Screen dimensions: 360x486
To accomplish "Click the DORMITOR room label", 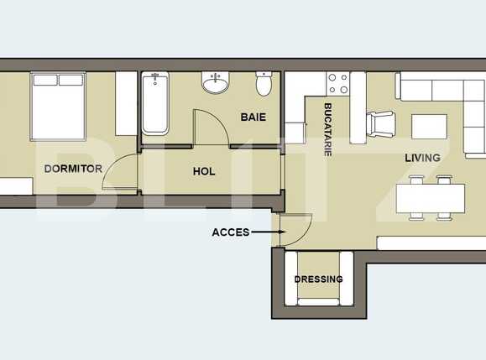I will [x=73, y=169].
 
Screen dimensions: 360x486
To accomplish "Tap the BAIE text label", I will [x=253, y=117].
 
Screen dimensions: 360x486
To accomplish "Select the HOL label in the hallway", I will [x=204, y=171].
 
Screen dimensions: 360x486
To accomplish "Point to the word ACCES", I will [x=230, y=232].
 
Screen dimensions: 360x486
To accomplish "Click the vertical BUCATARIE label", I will [x=328, y=129].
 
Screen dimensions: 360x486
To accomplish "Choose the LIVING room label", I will [x=422, y=158].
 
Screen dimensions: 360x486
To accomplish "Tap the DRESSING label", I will [x=318, y=279].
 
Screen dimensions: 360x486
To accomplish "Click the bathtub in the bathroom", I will [x=156, y=103].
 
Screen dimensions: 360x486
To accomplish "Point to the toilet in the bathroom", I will [x=264, y=84].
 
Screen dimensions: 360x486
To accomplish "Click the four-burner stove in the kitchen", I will [x=337, y=83].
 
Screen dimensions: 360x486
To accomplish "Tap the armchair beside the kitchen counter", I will [x=381, y=124].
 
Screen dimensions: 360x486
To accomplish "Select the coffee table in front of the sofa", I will [x=428, y=125].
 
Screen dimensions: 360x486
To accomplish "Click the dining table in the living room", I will [x=430, y=199].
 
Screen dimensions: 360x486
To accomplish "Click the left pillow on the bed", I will [x=45, y=81].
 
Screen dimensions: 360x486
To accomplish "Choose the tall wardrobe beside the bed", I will [x=126, y=102].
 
